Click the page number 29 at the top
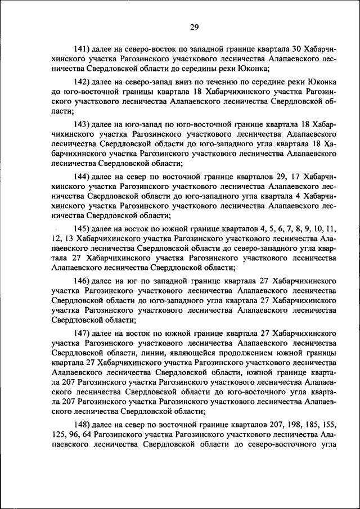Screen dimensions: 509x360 click(x=194, y=27)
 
